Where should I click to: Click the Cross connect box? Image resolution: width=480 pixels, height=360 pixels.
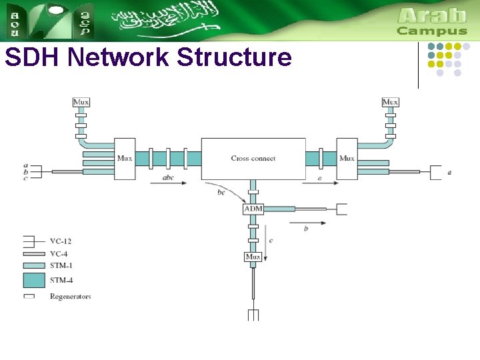(x=253, y=158)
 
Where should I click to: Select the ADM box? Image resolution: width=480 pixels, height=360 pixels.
(x=253, y=209)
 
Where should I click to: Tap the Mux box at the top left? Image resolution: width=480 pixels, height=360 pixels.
(x=81, y=102)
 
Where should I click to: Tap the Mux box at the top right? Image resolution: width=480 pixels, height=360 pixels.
(x=390, y=102)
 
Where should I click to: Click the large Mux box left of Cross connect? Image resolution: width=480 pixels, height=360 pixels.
(x=125, y=158)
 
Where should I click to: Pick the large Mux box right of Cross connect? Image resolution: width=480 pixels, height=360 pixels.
(x=347, y=158)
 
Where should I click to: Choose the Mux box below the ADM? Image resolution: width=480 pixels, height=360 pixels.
(x=253, y=257)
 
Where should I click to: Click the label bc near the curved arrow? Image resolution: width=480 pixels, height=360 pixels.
(x=221, y=193)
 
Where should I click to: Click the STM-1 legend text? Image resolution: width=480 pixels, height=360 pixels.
(x=61, y=265)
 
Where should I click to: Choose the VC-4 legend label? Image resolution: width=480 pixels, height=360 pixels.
(x=59, y=253)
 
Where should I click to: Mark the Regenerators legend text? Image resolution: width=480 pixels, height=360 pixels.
(x=70, y=296)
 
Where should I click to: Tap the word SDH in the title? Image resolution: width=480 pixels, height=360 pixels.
(x=33, y=57)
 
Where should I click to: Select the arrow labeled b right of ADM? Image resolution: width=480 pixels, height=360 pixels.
(x=313, y=223)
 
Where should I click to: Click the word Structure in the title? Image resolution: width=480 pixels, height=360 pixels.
(x=234, y=57)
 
